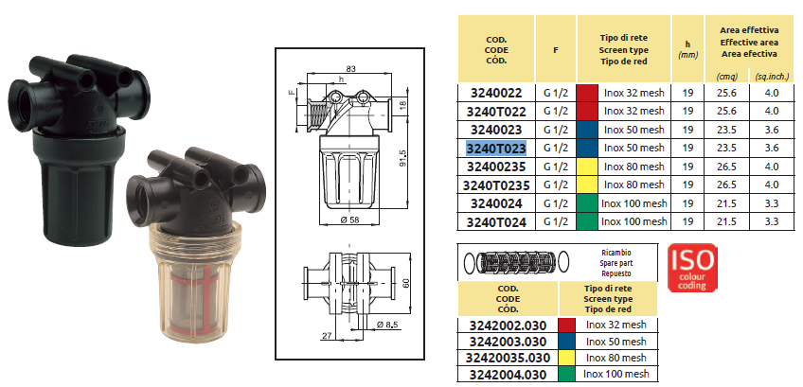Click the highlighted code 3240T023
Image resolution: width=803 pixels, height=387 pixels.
pyautogui.click(x=496, y=149)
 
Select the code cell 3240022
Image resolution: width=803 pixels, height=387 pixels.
pyautogui.click(x=496, y=93)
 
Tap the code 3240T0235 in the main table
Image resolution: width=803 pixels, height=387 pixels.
pyautogui.click(x=496, y=185)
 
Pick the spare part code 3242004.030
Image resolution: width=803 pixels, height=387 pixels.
pyautogui.click(x=508, y=374)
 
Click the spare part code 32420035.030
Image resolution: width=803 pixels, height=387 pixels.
pyautogui.click(x=508, y=358)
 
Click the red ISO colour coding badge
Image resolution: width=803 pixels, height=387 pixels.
pyautogui.click(x=692, y=268)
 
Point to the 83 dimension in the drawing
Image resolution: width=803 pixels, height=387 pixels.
pyautogui.click(x=350, y=68)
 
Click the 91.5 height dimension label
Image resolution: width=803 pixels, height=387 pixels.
pyautogui.click(x=402, y=158)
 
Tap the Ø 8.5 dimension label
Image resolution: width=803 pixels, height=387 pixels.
pyautogui.click(x=388, y=325)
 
